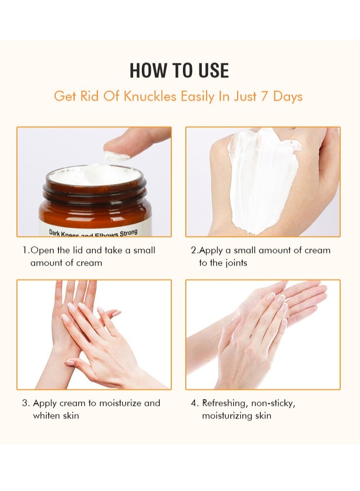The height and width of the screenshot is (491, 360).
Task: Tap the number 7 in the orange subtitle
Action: pyautogui.click(x=264, y=96)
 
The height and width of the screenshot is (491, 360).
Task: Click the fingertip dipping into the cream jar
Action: pyautogui.click(x=116, y=148)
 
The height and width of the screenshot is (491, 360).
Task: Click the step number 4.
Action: pyautogui.click(x=193, y=403)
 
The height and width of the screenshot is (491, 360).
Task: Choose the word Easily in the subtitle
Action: pyautogui.click(x=197, y=96)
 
